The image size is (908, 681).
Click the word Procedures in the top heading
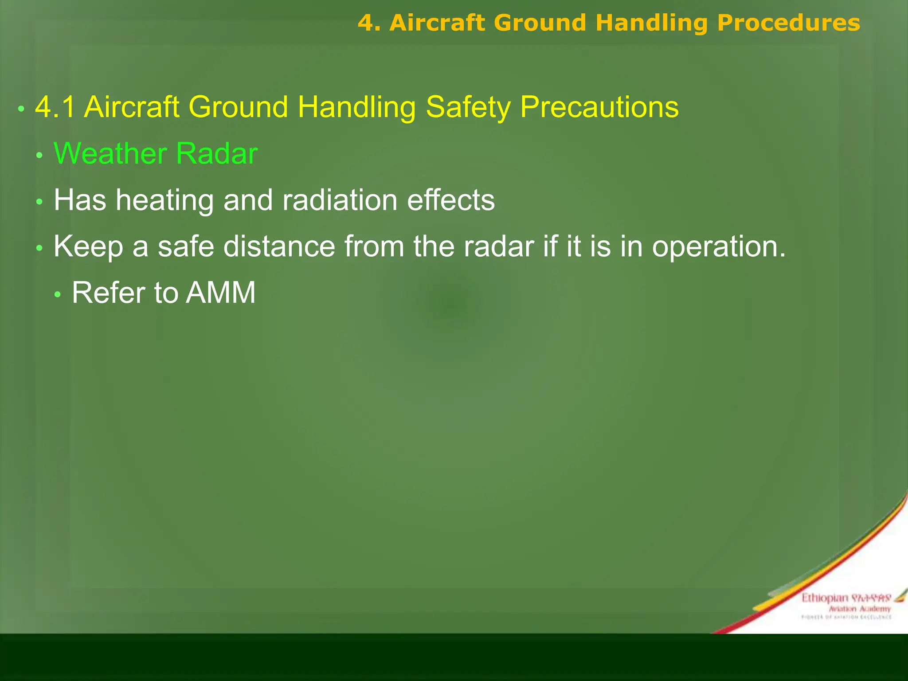(788, 23)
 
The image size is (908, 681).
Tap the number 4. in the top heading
(369, 23)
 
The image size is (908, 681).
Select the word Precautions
(599, 107)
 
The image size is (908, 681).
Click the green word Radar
(216, 154)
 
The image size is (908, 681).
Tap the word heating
(164, 200)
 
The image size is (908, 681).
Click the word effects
(450, 200)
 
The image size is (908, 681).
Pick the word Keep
(88, 247)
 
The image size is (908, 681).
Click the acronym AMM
(220, 293)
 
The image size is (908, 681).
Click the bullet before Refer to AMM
(57, 294)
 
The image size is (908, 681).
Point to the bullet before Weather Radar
(39, 155)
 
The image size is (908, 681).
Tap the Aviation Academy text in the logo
(859, 609)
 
